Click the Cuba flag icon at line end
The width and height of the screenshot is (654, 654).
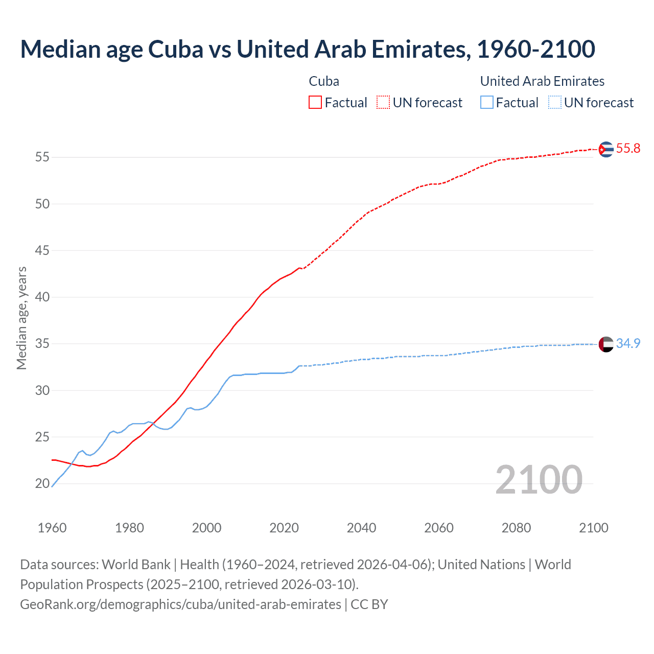tap(606, 149)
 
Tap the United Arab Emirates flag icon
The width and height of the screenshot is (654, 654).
tap(606, 344)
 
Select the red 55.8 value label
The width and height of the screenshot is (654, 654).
tap(628, 149)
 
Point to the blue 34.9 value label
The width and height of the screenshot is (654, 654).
tap(628, 344)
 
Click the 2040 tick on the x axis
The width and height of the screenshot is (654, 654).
tap(361, 528)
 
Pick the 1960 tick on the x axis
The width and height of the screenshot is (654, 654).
tap(52, 528)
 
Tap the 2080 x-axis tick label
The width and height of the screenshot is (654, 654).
tap(516, 528)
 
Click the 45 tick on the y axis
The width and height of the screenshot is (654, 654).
tap(42, 251)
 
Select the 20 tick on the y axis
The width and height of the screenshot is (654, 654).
tap(42, 483)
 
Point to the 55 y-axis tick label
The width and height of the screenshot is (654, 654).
tap(42, 157)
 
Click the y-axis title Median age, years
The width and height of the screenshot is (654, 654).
tap(21, 318)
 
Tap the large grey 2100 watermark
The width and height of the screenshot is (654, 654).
tap(539, 479)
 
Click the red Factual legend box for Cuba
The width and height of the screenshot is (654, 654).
tap(315, 103)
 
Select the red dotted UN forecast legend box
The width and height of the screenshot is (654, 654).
tap(383, 103)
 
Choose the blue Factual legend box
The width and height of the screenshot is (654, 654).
tap(487, 103)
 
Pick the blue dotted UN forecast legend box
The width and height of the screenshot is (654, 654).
tap(555, 103)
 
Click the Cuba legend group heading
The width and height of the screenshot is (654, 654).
tap(324, 81)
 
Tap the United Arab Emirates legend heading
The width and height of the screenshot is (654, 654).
tap(542, 81)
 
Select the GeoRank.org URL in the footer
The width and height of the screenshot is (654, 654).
tap(180, 604)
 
